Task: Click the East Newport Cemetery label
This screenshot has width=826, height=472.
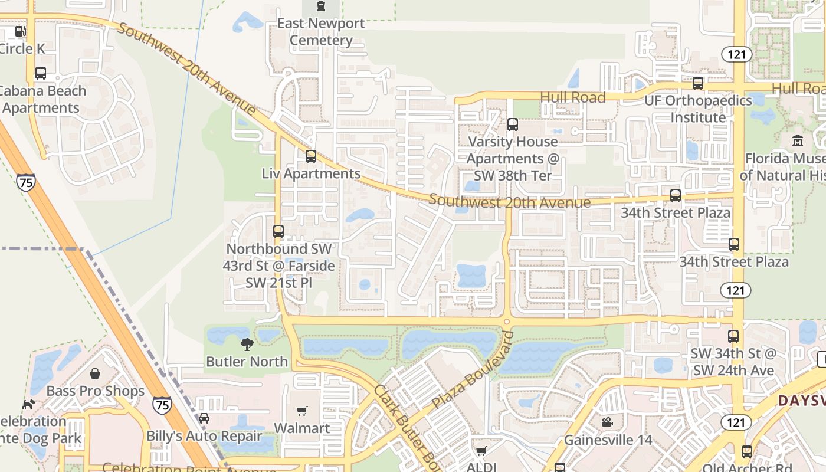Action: [321, 32]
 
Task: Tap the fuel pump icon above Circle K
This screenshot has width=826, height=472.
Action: [21, 31]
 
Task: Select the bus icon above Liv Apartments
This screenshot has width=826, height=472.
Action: [311, 156]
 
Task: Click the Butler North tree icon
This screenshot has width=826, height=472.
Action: [247, 344]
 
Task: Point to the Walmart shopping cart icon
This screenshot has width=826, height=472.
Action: [302, 411]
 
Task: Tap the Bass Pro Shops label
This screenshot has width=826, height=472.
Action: [95, 391]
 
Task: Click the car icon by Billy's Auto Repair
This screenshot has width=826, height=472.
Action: [204, 418]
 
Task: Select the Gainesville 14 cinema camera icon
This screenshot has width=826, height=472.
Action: [607, 422]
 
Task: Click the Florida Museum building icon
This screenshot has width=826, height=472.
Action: [798, 141]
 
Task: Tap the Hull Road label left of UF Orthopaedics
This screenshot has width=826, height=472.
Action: [573, 97]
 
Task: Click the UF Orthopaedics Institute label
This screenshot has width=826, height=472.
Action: [698, 109]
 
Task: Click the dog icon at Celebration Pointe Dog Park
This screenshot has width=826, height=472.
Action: [28, 404]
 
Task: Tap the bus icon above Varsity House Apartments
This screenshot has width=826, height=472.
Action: [513, 124]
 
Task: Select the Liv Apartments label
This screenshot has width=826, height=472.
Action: [311, 173]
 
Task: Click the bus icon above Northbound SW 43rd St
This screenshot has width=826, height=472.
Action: [278, 231]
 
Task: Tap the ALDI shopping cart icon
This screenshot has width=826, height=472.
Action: [481, 451]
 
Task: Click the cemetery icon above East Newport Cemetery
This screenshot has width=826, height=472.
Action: [320, 6]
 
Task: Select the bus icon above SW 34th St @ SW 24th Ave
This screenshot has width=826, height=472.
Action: [733, 336]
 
